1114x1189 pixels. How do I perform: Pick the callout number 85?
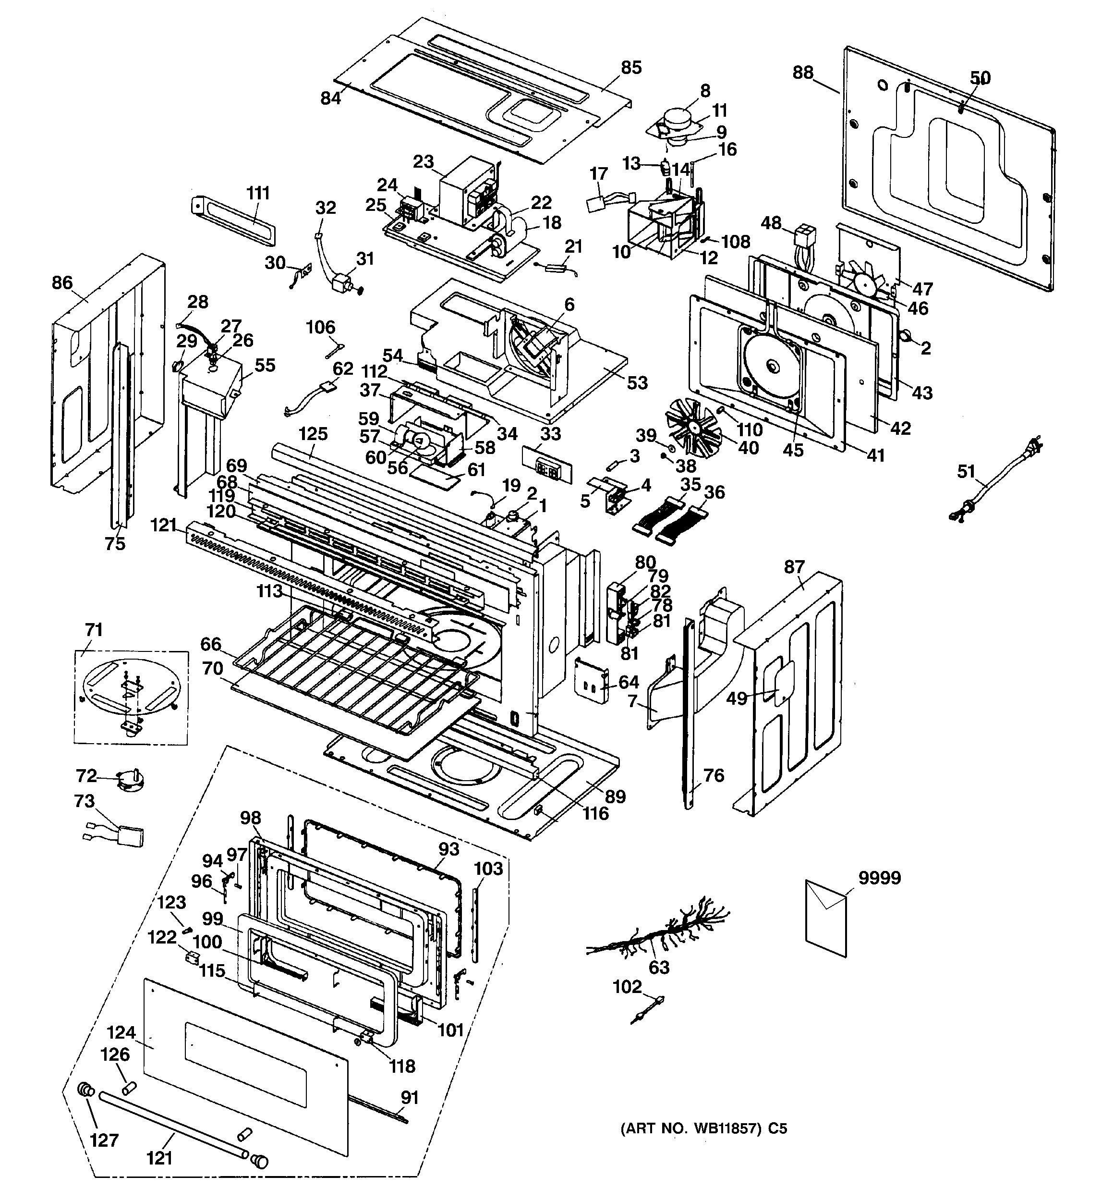pos(631,68)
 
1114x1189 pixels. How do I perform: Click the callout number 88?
pos(803,73)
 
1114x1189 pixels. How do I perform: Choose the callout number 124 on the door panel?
pos(121,1032)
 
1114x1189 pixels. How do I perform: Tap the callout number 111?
pos(258,193)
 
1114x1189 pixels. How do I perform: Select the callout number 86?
pos(62,282)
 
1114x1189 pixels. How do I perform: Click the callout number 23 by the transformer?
pos(424,161)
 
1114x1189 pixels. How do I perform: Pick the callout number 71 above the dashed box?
pos(94,629)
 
